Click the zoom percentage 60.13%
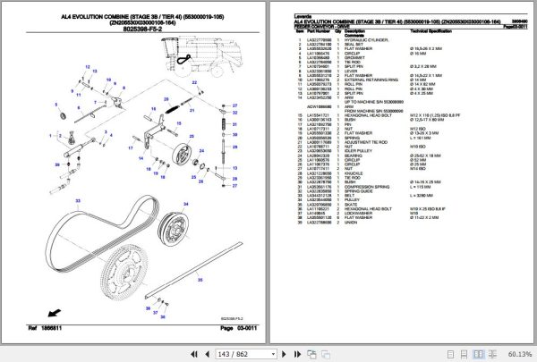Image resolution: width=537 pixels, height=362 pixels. click(517, 354)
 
